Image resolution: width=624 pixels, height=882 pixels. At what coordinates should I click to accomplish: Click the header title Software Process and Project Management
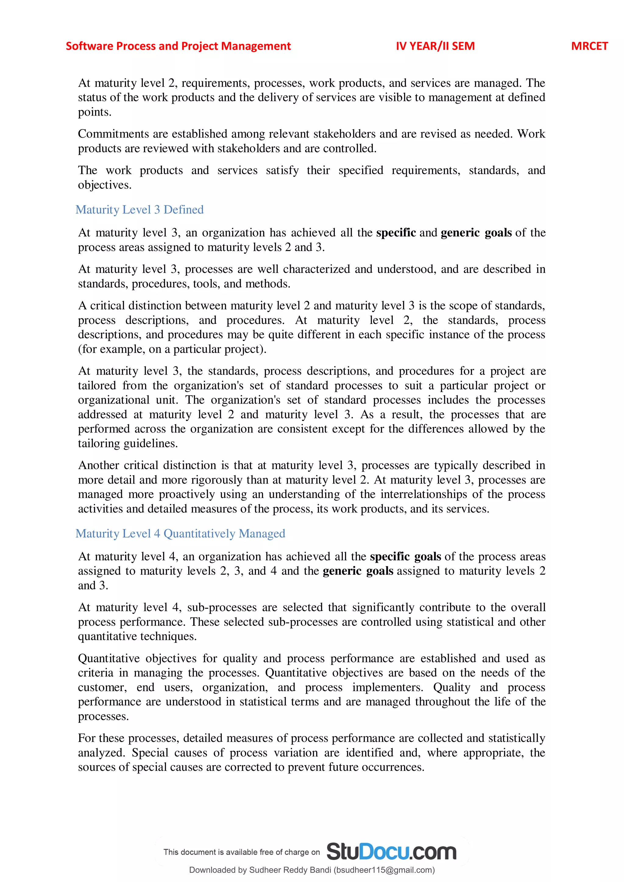point(178,46)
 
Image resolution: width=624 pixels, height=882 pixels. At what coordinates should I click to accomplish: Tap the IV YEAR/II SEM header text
point(435,46)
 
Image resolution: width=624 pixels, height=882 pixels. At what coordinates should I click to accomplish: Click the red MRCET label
point(589,46)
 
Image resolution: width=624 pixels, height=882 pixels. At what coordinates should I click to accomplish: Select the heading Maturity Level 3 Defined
point(140,210)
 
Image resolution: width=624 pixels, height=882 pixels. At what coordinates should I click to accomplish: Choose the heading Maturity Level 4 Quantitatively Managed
point(180,534)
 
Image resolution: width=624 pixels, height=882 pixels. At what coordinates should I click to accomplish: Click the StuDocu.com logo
point(391,851)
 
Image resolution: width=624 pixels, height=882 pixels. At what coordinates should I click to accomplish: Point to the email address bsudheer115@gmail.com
point(384,870)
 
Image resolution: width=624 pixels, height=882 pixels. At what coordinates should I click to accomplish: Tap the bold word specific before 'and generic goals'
point(396,233)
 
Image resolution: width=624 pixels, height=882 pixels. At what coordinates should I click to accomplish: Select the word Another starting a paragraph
point(98,465)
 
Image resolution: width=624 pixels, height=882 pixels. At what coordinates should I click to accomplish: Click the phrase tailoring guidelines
point(128,444)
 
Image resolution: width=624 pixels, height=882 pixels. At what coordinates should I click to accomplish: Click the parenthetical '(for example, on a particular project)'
point(172,349)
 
